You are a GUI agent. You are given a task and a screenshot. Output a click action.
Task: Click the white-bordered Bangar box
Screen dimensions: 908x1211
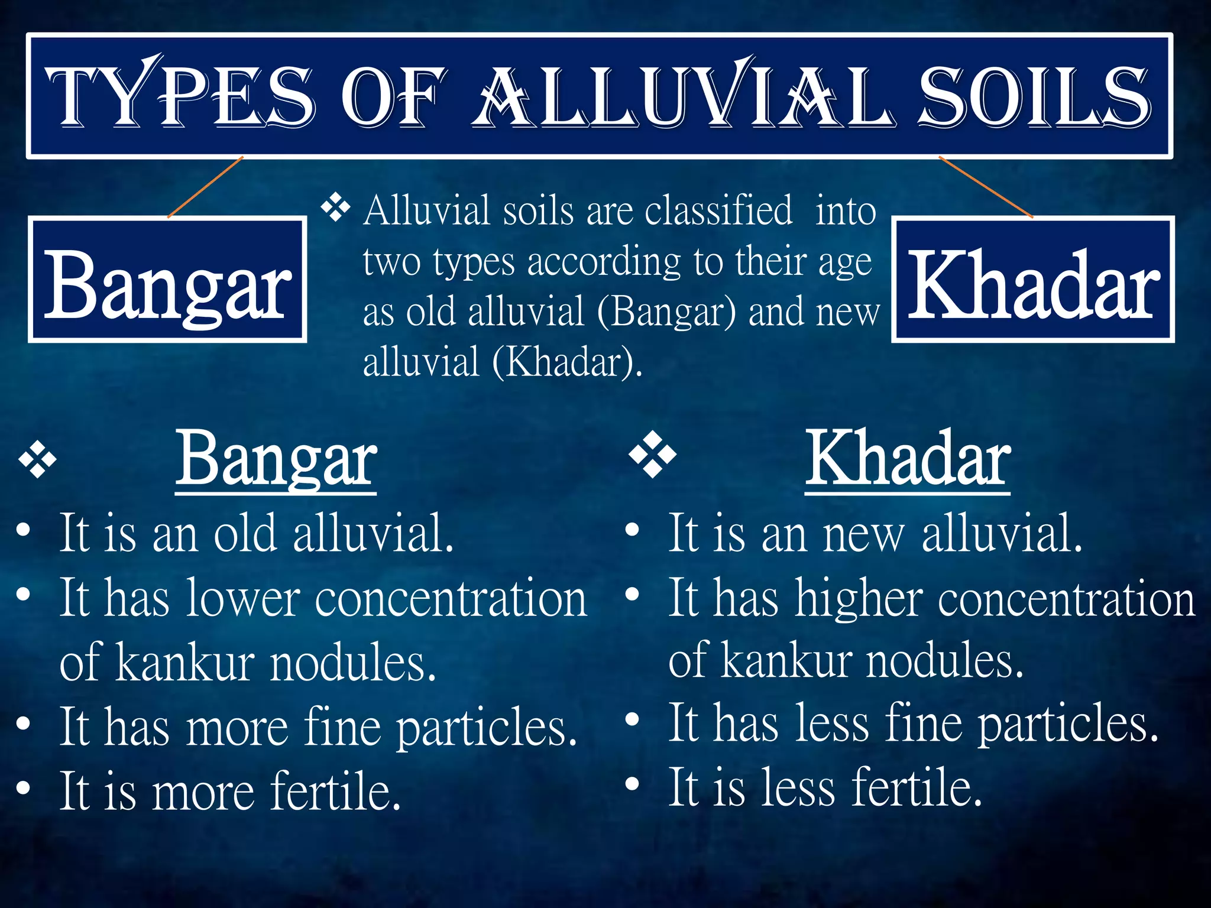167,280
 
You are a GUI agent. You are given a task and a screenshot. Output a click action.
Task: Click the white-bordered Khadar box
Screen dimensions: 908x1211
1032,280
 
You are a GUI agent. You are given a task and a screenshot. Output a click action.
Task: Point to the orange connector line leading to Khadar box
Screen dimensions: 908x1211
986,187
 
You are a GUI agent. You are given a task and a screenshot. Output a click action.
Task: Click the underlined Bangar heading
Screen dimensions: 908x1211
276,459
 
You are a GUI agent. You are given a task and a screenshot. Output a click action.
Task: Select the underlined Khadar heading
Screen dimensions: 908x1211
908,459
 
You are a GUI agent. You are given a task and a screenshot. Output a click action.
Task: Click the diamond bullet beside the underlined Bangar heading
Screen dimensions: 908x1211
37,461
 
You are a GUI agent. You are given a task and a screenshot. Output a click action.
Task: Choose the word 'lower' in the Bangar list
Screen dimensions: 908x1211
243,599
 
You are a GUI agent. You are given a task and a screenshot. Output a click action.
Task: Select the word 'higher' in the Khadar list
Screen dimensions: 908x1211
859,599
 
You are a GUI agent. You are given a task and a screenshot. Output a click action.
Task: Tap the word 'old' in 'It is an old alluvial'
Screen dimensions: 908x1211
245,534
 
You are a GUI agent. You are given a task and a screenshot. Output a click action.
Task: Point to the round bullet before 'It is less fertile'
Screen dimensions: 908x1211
632,784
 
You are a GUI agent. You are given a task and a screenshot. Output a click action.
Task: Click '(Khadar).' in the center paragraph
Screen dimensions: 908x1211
568,362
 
